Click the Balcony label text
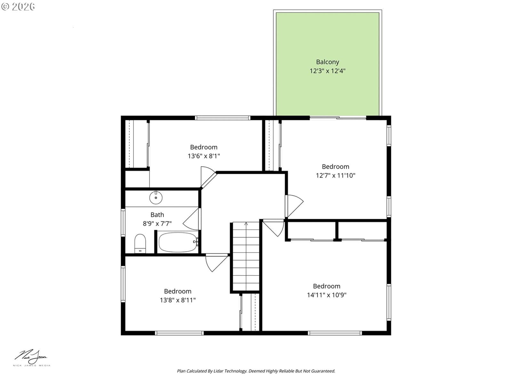coord(327,62)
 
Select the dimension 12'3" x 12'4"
coord(327,71)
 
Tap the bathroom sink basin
coord(156,198)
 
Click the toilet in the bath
coord(140,244)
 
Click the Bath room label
coord(157,215)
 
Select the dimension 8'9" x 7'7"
coord(157,224)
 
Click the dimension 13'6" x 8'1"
coord(204,156)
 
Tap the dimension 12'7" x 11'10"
coord(335,175)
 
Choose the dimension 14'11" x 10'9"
coord(327,295)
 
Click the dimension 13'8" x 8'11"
coord(178,300)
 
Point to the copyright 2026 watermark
coord(18,6)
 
